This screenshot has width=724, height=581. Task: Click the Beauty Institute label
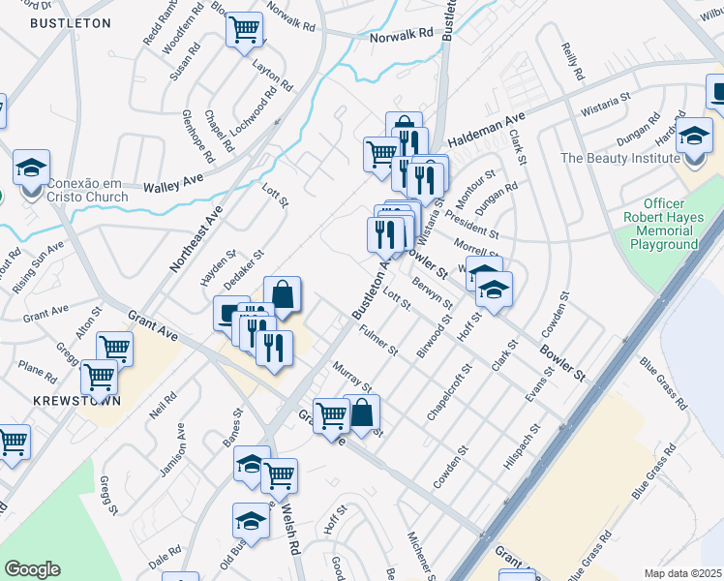point(620,158)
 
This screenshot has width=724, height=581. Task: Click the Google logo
point(32,568)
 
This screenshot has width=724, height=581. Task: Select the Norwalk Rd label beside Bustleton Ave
point(402,35)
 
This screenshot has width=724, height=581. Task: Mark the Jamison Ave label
point(173,451)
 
